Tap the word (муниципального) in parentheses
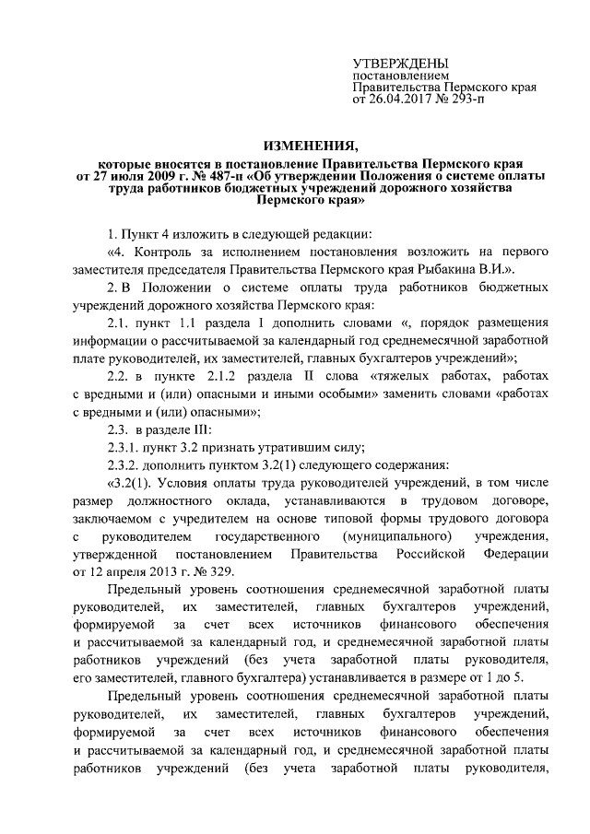(384, 535)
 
